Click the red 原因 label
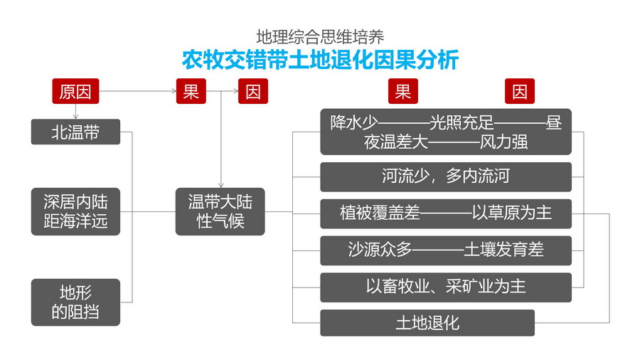click(x=75, y=92)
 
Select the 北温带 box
click(x=75, y=132)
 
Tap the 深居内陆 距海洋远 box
click(x=75, y=211)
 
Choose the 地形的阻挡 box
click(x=75, y=302)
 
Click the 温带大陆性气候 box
click(x=220, y=211)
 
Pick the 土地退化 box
click(x=427, y=323)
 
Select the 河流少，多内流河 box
click(x=446, y=176)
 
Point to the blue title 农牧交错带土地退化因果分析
click(x=320, y=59)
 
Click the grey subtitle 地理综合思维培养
click(x=320, y=36)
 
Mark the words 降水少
click(x=356, y=123)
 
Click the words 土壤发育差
click(x=504, y=250)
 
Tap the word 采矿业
click(x=474, y=286)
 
